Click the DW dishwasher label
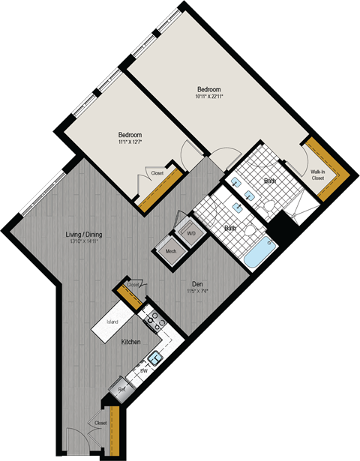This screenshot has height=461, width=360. coord(143,371)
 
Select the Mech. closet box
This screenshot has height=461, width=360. coord(170,252)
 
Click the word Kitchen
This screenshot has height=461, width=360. coord(132,342)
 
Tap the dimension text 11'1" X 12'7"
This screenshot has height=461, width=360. coord(130,141)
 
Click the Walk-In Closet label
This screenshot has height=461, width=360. coord(318,175)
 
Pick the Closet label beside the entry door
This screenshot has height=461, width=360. coord(101,423)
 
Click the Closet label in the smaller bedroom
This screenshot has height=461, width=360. coord(157,173)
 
